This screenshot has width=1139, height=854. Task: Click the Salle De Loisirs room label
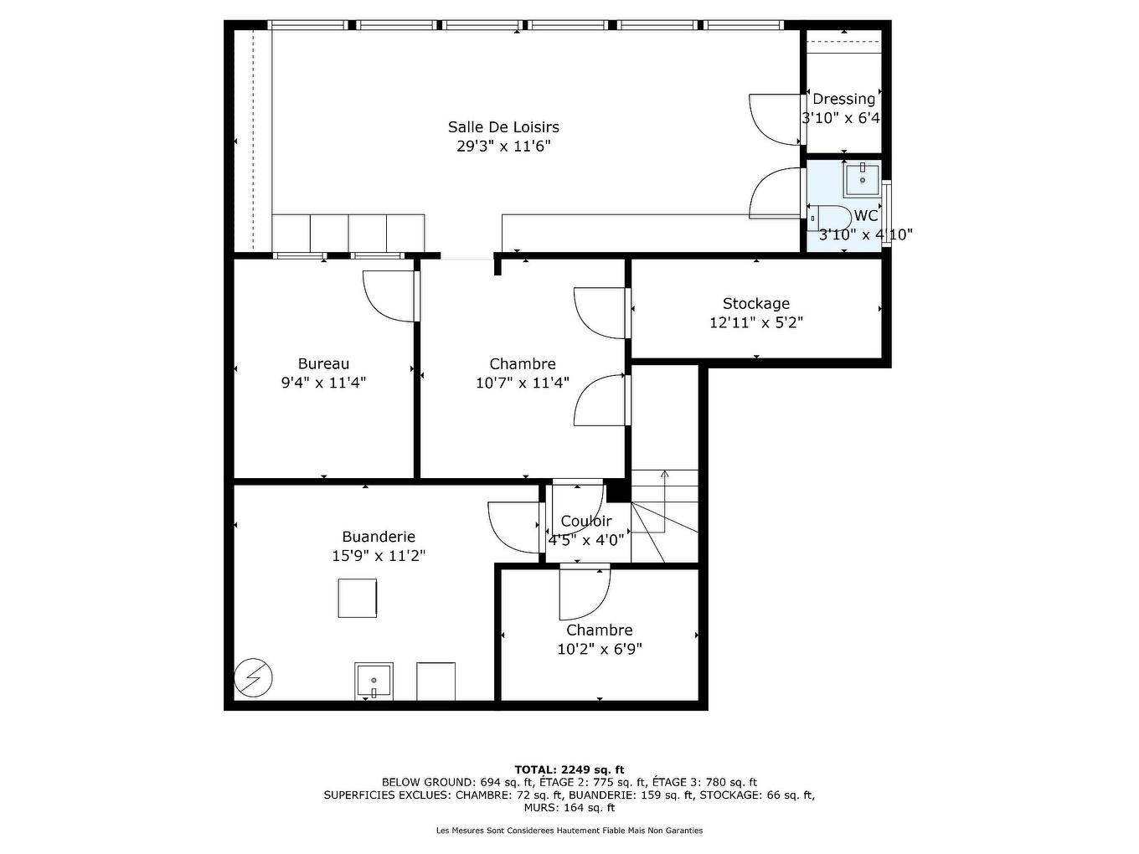(502, 127)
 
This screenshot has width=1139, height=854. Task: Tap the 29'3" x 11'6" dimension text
(502, 147)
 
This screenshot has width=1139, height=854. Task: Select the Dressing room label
(843, 99)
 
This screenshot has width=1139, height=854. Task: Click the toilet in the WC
(832, 218)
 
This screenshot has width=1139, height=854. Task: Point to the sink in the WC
(862, 178)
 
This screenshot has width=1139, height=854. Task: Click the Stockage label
(755, 304)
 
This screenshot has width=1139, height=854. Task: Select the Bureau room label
(323, 364)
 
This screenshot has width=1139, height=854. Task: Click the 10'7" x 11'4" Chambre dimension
(523, 383)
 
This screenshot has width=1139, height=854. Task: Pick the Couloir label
(586, 522)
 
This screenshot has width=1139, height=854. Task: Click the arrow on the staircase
(664, 476)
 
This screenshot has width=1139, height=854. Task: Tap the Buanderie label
(379, 537)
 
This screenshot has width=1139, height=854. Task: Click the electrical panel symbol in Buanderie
(253, 677)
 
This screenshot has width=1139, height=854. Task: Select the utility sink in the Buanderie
(374, 681)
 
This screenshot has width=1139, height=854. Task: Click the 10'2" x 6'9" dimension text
(600, 649)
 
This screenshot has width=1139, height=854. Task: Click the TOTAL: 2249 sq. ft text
(569, 769)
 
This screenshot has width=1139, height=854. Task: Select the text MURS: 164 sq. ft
(569, 808)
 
